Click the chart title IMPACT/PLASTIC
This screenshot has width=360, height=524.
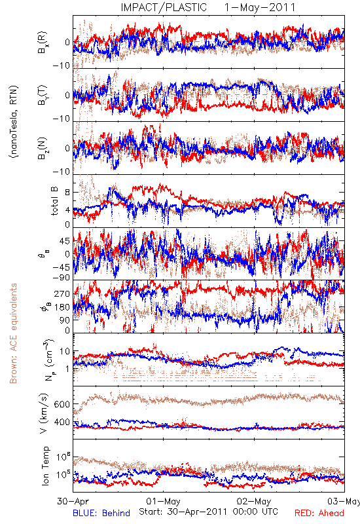(x=164, y=7)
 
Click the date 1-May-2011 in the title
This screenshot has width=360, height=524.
(x=260, y=7)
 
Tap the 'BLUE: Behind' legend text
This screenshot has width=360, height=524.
(x=101, y=513)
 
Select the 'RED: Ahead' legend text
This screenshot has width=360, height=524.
(x=319, y=513)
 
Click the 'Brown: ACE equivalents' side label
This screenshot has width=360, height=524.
(x=13, y=333)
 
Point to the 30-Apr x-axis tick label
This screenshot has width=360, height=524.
(x=73, y=501)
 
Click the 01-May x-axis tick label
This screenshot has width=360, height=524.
(x=163, y=501)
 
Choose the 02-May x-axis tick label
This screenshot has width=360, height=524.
(x=254, y=501)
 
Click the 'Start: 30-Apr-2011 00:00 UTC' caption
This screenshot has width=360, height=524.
(x=208, y=512)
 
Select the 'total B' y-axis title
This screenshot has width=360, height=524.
(x=54, y=201)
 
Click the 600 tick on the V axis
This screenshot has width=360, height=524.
(x=62, y=404)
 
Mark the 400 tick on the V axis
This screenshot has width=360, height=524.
(x=62, y=422)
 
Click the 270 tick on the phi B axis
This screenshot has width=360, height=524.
(x=62, y=293)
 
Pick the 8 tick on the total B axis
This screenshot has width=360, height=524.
(x=67, y=193)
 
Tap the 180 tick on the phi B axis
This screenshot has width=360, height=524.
(x=62, y=307)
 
